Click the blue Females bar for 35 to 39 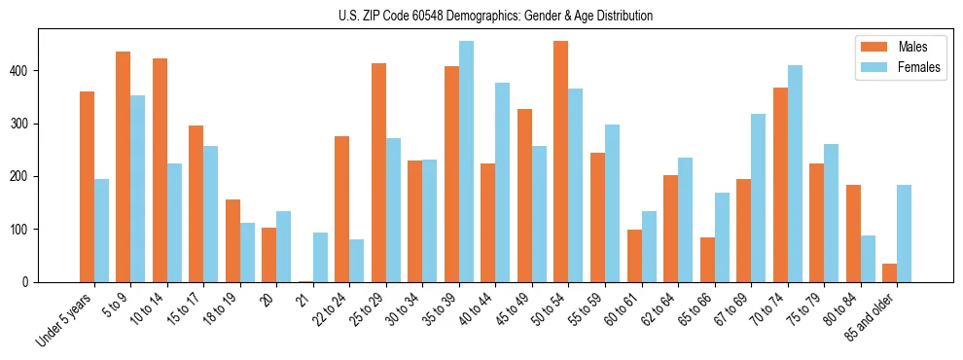[x=466, y=162]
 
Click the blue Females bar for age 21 [x=320, y=258]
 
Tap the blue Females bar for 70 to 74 [x=795, y=174]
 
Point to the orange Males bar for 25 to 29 [x=378, y=173]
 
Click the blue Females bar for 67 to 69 [x=759, y=198]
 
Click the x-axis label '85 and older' [x=872, y=317]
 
